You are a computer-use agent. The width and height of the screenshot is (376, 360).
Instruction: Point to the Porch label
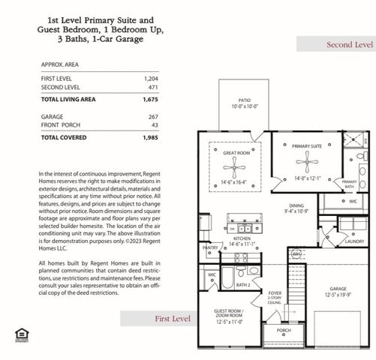click(283, 330)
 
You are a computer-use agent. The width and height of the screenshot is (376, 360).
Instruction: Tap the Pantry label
click(210, 247)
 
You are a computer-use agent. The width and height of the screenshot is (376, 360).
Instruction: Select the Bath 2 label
click(242, 285)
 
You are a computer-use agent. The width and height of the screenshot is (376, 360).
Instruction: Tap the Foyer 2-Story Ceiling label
click(275, 298)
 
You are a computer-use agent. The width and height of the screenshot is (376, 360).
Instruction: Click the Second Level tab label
click(349, 45)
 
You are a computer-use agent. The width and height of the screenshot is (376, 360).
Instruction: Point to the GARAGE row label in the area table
click(52, 117)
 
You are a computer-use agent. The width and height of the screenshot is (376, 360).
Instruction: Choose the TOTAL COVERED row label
click(65, 138)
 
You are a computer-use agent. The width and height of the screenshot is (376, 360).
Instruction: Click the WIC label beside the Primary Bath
click(353, 201)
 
